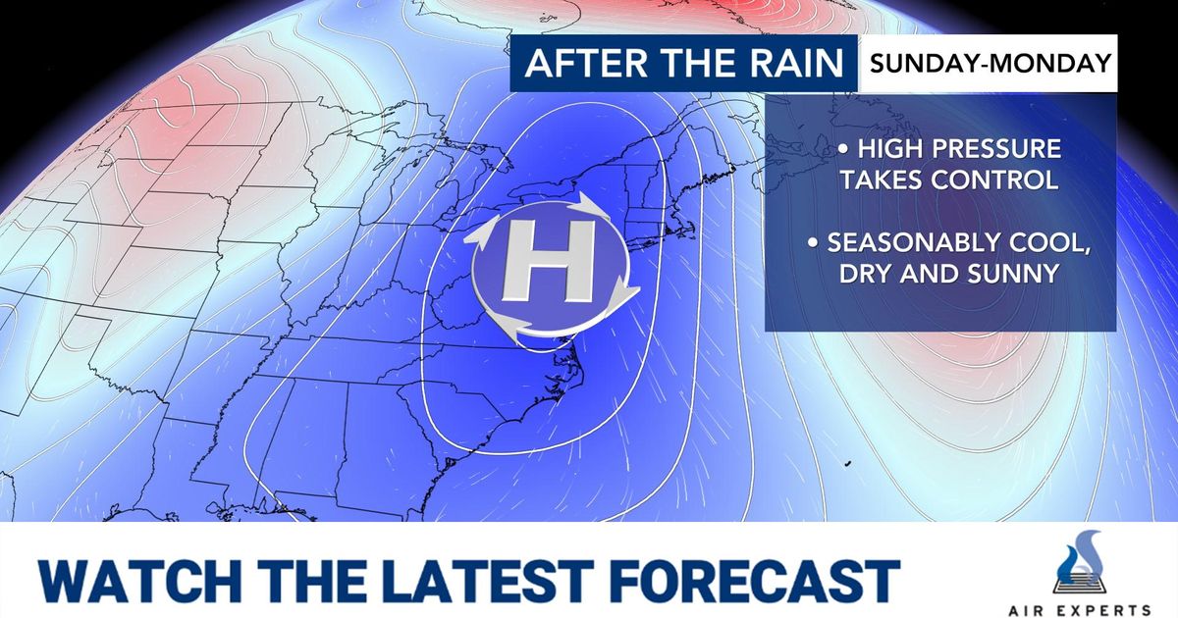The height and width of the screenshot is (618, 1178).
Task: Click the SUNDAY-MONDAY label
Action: tap(990, 64)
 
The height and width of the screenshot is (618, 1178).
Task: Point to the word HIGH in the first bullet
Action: tap(889, 151)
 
